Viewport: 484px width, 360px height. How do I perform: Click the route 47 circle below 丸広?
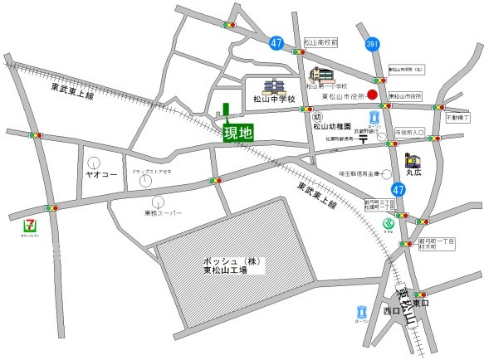point(398,190)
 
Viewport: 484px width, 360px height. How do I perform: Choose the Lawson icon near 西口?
point(360,312)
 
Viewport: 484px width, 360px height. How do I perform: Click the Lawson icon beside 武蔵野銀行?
point(373,118)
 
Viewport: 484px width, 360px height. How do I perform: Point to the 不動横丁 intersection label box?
point(457,119)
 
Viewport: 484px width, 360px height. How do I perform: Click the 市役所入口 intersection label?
point(409,132)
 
